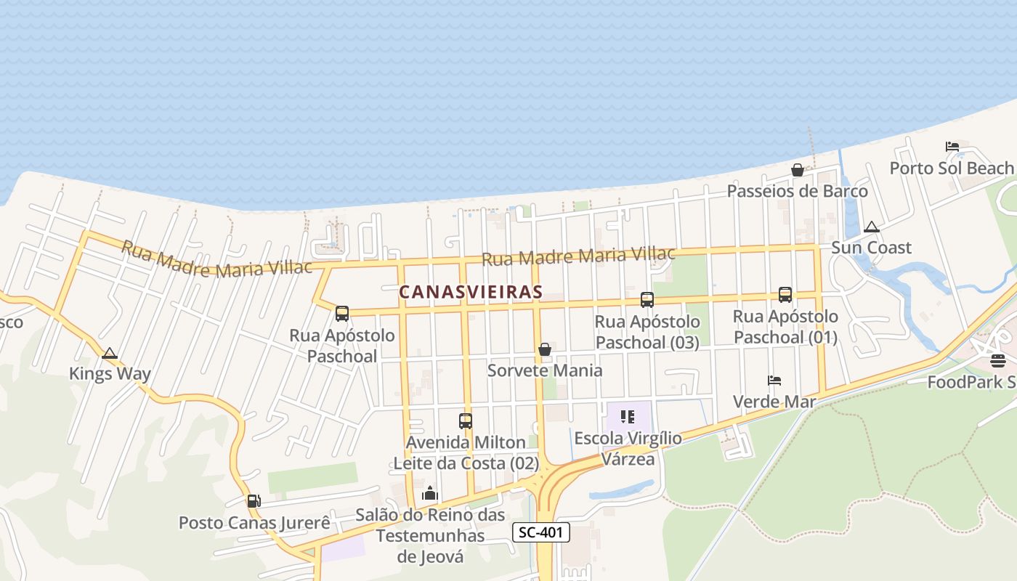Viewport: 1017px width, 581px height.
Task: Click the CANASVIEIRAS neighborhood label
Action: click(x=471, y=292)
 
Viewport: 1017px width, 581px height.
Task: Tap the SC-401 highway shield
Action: click(x=541, y=532)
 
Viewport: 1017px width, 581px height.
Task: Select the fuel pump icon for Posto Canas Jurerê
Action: click(x=254, y=500)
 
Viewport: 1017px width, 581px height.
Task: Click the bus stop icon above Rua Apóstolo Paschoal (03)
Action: click(x=647, y=299)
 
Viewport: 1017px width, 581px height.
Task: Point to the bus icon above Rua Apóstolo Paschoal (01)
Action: click(x=785, y=294)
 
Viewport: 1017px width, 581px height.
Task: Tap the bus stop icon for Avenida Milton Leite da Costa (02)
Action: click(x=466, y=420)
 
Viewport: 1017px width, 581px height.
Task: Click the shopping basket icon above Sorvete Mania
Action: click(x=545, y=349)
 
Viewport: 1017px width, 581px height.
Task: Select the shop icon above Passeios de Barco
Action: click(x=798, y=170)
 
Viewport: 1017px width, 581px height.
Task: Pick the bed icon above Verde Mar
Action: click(x=774, y=380)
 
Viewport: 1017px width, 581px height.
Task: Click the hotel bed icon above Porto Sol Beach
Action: click(x=952, y=147)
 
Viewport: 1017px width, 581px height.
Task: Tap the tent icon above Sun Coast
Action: click(x=871, y=227)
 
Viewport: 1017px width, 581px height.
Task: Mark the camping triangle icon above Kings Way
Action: click(x=110, y=354)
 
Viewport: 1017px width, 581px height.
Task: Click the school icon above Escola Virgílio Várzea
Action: click(x=628, y=417)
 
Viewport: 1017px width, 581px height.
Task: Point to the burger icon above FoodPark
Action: click(x=997, y=360)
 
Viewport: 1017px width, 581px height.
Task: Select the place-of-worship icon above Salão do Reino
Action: click(x=430, y=494)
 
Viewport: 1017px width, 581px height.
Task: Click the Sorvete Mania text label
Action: click(x=545, y=370)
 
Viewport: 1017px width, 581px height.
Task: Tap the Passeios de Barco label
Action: click(x=798, y=191)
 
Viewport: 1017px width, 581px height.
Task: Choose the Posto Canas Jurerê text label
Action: click(x=254, y=523)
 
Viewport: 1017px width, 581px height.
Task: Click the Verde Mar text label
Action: click(x=774, y=402)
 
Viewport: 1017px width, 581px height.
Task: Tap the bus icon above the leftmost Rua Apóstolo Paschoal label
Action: click(x=342, y=314)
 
